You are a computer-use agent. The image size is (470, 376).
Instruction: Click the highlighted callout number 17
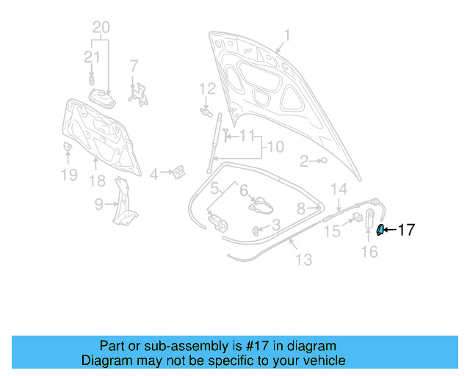(406, 230)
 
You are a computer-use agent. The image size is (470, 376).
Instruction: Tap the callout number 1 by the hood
(287, 35)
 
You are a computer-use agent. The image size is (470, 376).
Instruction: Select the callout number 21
(92, 57)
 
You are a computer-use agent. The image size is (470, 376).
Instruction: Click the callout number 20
(101, 28)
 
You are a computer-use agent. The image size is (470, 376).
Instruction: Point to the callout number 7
(134, 66)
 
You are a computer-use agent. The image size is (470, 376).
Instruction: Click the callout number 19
(68, 175)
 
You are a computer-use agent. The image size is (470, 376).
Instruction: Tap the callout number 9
(99, 206)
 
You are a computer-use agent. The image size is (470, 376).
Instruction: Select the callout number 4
(154, 175)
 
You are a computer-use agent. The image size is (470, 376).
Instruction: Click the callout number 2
(303, 161)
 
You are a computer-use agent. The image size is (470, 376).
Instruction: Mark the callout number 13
(303, 259)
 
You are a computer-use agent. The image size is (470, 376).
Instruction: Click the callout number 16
(369, 252)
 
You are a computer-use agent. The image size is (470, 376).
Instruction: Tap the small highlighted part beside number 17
(380, 230)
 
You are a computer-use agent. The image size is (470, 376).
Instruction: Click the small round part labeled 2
(323, 160)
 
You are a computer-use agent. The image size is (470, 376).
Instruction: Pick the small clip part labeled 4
(178, 173)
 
